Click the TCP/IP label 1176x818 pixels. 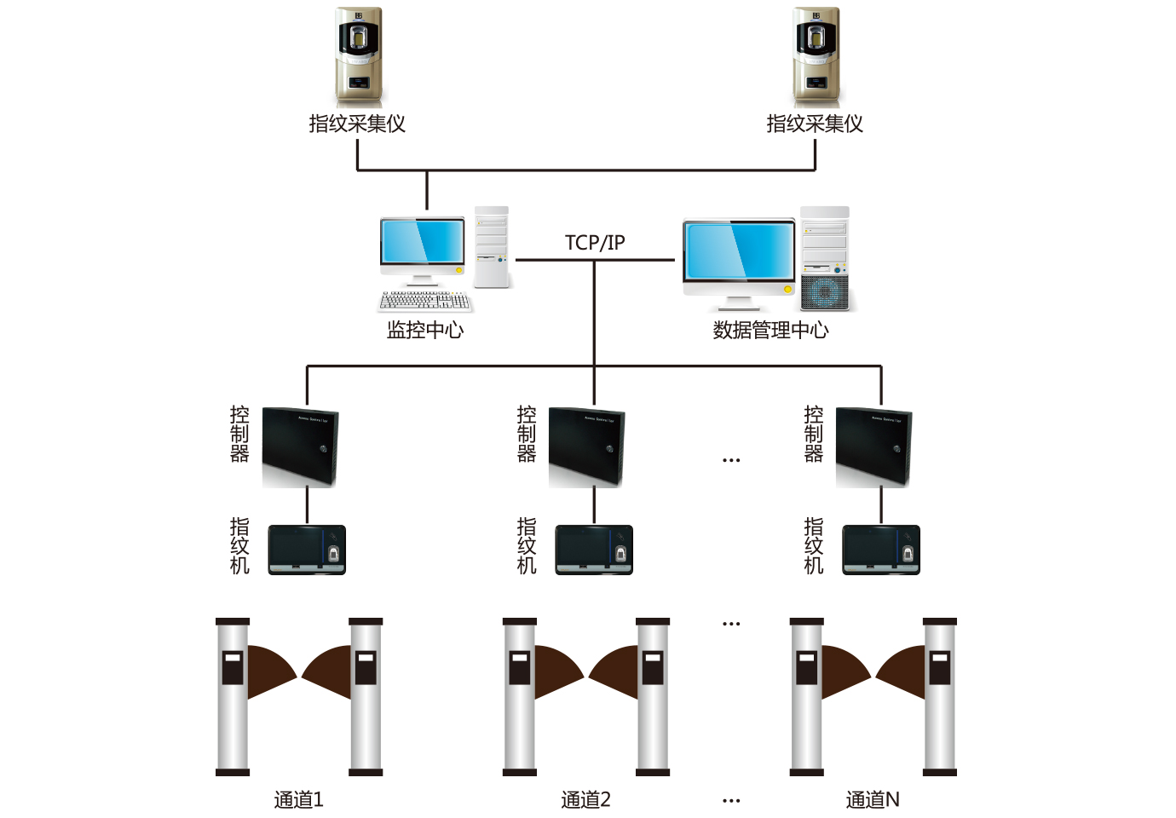point(595,243)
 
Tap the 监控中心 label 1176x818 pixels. point(425,331)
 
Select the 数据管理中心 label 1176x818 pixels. point(770,331)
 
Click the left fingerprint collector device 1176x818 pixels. point(359,57)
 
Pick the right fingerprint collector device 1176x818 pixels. point(816,57)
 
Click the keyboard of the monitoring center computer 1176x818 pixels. point(425,301)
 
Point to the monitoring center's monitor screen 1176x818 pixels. point(423,241)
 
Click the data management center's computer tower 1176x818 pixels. point(825,258)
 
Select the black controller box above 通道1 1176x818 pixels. point(300,446)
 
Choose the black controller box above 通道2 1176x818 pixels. point(586,446)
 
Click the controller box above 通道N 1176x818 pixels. point(873,446)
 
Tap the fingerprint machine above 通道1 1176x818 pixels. point(307,550)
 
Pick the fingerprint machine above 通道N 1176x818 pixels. point(881,550)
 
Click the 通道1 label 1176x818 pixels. point(299,799)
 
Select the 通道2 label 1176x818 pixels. point(586,799)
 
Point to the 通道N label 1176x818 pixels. point(873,799)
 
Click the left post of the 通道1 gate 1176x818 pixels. point(233,697)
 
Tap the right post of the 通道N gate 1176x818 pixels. point(940,697)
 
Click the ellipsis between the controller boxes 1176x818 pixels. point(731,460)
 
